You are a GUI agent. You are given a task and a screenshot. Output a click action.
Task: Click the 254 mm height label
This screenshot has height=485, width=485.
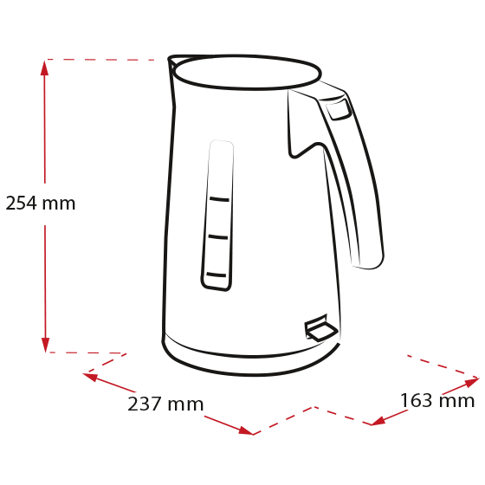[x=41, y=204]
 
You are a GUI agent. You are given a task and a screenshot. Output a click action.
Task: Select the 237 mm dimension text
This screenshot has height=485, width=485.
[x=165, y=404]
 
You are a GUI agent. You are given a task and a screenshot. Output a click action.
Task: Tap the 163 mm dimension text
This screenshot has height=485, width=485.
[x=437, y=400]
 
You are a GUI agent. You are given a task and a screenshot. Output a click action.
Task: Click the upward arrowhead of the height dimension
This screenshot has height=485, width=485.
[x=44, y=68]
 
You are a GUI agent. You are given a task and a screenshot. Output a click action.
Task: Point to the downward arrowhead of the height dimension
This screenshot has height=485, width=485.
[x=45, y=345]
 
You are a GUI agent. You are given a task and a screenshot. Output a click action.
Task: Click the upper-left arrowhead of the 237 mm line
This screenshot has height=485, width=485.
[x=91, y=377]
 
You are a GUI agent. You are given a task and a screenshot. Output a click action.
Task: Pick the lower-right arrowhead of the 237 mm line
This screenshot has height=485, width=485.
[x=246, y=430]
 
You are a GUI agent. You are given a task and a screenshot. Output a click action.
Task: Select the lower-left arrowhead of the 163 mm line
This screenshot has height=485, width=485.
[x=378, y=421]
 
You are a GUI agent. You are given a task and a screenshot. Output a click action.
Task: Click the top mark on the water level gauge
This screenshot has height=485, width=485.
[x=219, y=199]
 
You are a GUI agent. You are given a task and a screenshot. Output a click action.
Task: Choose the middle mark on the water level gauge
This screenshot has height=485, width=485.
[x=218, y=237]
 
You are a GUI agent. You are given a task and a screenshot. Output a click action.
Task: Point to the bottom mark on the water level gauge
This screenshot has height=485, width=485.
[x=217, y=275]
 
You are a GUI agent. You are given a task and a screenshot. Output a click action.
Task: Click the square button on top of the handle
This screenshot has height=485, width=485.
[x=339, y=109]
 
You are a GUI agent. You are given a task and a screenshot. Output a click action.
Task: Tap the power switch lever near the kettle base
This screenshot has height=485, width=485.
[x=320, y=328]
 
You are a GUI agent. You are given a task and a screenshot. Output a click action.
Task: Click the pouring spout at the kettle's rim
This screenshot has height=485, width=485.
[x=172, y=61]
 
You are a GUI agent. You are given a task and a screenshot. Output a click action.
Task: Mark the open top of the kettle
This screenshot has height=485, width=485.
[x=247, y=73]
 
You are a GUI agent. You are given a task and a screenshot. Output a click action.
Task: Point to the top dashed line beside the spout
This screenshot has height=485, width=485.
[x=100, y=60]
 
